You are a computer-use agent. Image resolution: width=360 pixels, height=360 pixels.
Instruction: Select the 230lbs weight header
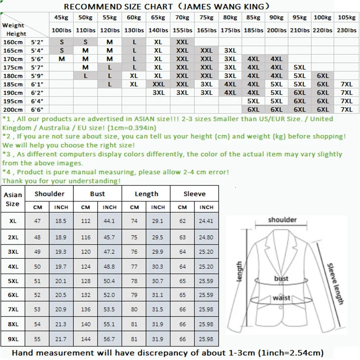[x=346, y=30]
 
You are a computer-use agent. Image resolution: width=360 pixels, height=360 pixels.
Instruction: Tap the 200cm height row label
[x=12, y=109]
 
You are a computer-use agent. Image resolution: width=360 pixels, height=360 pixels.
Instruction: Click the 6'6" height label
[x=37, y=109]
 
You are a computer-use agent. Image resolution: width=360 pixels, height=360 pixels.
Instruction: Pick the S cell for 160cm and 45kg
[x=62, y=42]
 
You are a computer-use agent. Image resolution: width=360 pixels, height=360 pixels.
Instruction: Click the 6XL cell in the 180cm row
[x=323, y=76]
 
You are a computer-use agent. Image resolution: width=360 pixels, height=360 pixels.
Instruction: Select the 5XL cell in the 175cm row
[x=299, y=67]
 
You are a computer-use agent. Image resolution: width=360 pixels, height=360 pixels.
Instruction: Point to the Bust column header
[x=97, y=193]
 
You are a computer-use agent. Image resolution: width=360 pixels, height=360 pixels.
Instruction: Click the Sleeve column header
[x=194, y=193]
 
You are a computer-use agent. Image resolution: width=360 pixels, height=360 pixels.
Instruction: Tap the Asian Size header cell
[x=13, y=199]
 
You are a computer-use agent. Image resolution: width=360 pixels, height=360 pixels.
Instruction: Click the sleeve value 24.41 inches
[x=206, y=221]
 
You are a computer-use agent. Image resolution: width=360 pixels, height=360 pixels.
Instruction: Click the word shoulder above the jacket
[x=282, y=220]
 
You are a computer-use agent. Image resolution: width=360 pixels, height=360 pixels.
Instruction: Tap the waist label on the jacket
[x=281, y=298]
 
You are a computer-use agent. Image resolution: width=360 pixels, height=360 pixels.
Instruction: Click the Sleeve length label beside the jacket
[x=335, y=283]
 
